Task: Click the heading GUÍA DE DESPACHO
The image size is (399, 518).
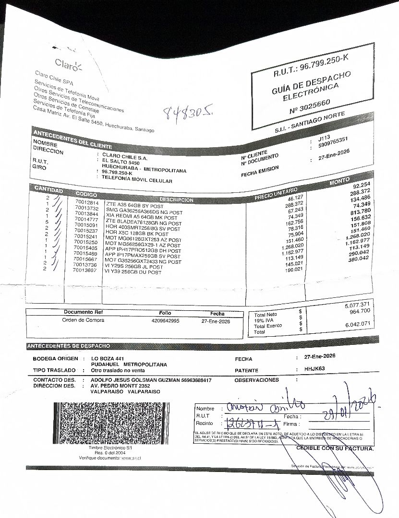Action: (311, 82)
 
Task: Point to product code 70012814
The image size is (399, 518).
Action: (86, 201)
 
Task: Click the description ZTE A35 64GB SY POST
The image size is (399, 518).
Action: (135, 205)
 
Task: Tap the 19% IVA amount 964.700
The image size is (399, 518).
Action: (360, 311)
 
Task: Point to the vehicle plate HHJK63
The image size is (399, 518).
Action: (315, 369)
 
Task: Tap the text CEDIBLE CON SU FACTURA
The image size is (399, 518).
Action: (335, 448)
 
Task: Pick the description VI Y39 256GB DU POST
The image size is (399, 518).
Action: (133, 272)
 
